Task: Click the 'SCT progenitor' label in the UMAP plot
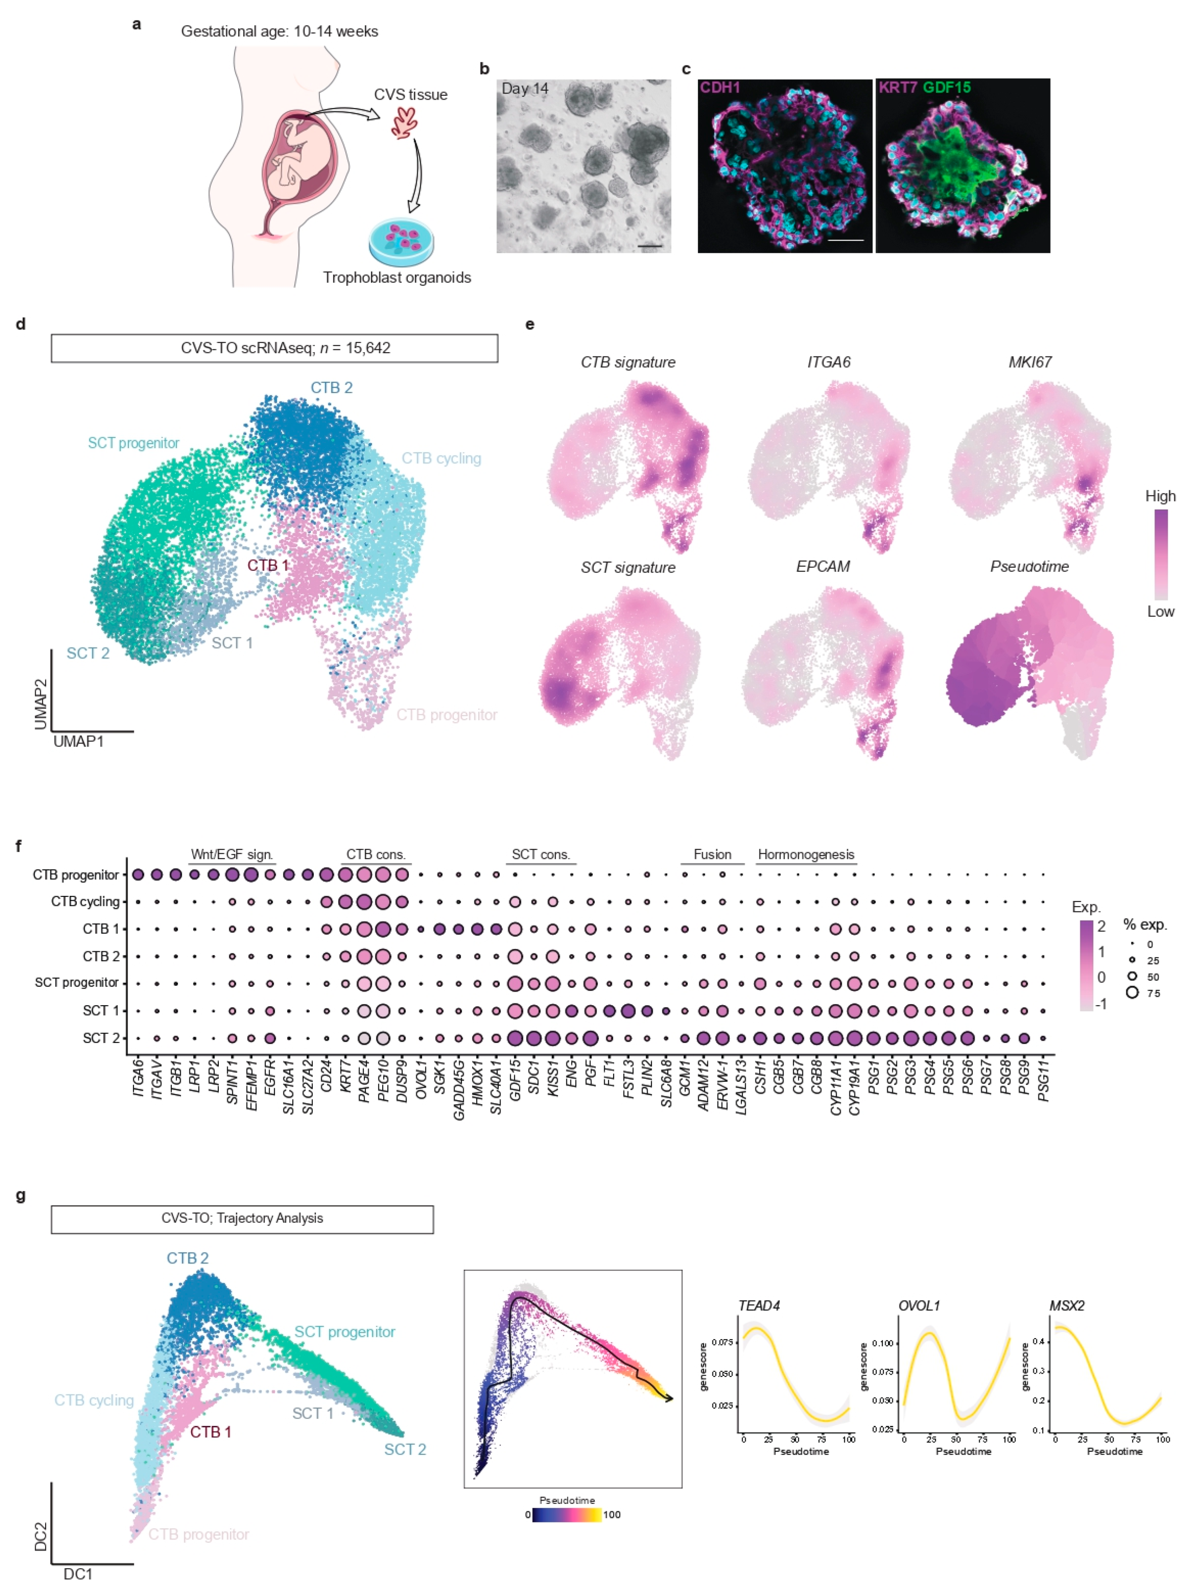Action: pos(133,443)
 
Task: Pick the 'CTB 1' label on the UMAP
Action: pos(268,565)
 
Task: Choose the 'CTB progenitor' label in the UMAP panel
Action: pos(446,715)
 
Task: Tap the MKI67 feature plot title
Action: pos(1029,362)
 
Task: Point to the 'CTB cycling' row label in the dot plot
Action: pos(85,902)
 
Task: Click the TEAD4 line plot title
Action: pos(759,1306)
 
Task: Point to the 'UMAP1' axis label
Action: pos(78,741)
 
